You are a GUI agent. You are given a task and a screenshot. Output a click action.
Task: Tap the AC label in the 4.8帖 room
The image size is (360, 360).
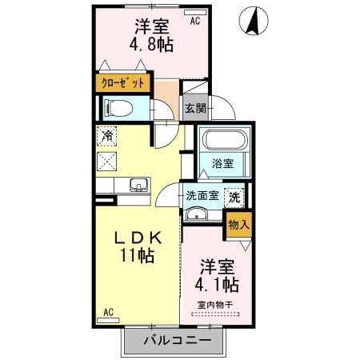[194, 22]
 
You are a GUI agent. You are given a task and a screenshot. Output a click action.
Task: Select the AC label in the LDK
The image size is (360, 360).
[108, 312]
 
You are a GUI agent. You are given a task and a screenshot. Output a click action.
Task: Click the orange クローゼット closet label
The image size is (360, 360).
[122, 82]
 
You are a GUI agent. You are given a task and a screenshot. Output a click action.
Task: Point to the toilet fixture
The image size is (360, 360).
[117, 106]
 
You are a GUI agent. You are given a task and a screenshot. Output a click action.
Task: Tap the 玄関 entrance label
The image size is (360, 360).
[195, 107]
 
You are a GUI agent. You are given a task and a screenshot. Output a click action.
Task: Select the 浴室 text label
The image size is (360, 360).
[223, 164]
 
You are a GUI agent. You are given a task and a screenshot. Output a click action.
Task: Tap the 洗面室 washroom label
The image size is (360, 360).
[202, 194]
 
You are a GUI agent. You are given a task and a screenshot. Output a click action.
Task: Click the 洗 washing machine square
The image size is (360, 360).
[236, 194]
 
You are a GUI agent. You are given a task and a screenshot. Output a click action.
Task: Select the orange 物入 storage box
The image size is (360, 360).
[238, 224]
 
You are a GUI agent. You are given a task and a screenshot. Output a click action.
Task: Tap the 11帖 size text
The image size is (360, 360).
[137, 257]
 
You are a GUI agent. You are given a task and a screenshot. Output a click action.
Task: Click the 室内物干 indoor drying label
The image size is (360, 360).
[215, 304]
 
